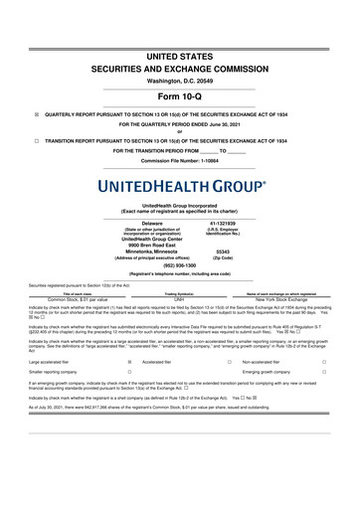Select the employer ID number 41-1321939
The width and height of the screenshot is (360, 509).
(x=230, y=196)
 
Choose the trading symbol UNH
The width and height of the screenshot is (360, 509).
(x=179, y=270)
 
